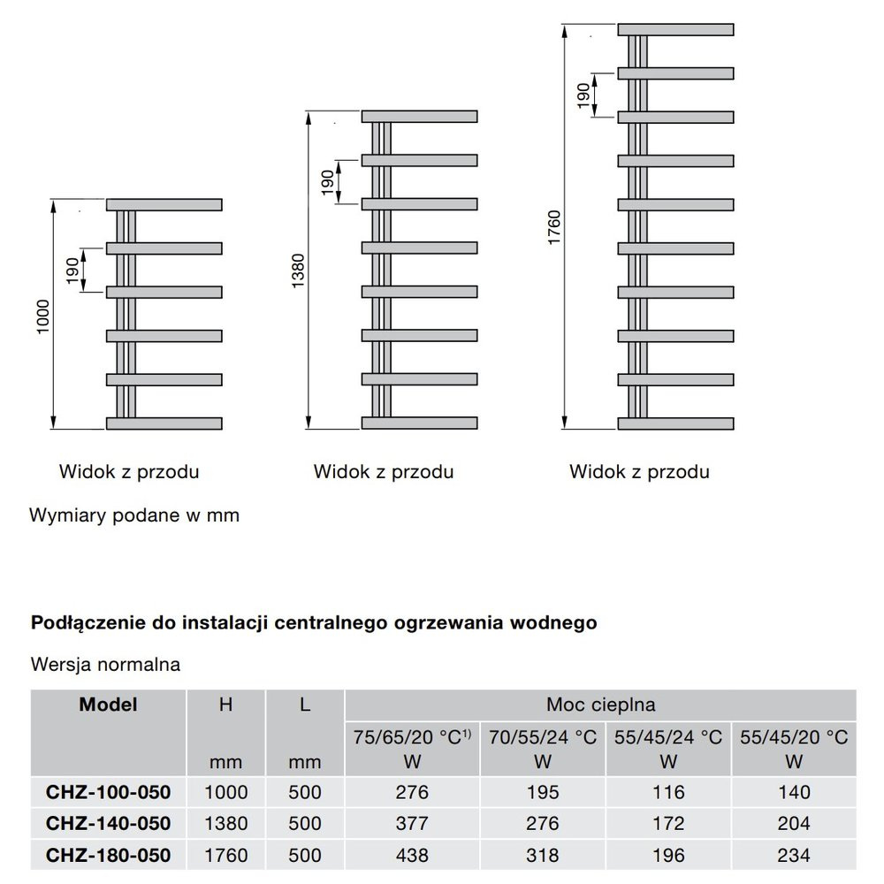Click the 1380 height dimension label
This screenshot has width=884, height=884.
click(298, 272)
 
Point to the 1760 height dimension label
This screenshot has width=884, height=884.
click(554, 228)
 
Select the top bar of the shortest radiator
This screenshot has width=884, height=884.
click(164, 205)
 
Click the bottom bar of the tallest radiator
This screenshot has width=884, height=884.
click(676, 423)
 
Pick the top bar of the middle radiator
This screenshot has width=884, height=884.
click(419, 117)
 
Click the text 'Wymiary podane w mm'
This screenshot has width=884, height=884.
click(134, 514)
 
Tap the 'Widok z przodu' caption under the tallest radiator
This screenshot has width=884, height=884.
click(639, 471)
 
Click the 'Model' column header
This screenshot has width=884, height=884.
click(108, 705)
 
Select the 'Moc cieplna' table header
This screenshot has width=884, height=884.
click(600, 705)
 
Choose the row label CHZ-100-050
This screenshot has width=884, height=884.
click(108, 791)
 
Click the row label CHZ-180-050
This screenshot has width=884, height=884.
click(108, 855)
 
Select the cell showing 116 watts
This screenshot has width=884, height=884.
click(668, 791)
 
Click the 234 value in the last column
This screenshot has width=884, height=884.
click(793, 855)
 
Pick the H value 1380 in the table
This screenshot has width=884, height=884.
click(225, 823)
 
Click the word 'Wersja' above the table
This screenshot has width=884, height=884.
click(63, 664)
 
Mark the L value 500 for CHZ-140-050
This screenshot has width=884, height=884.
click(304, 823)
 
